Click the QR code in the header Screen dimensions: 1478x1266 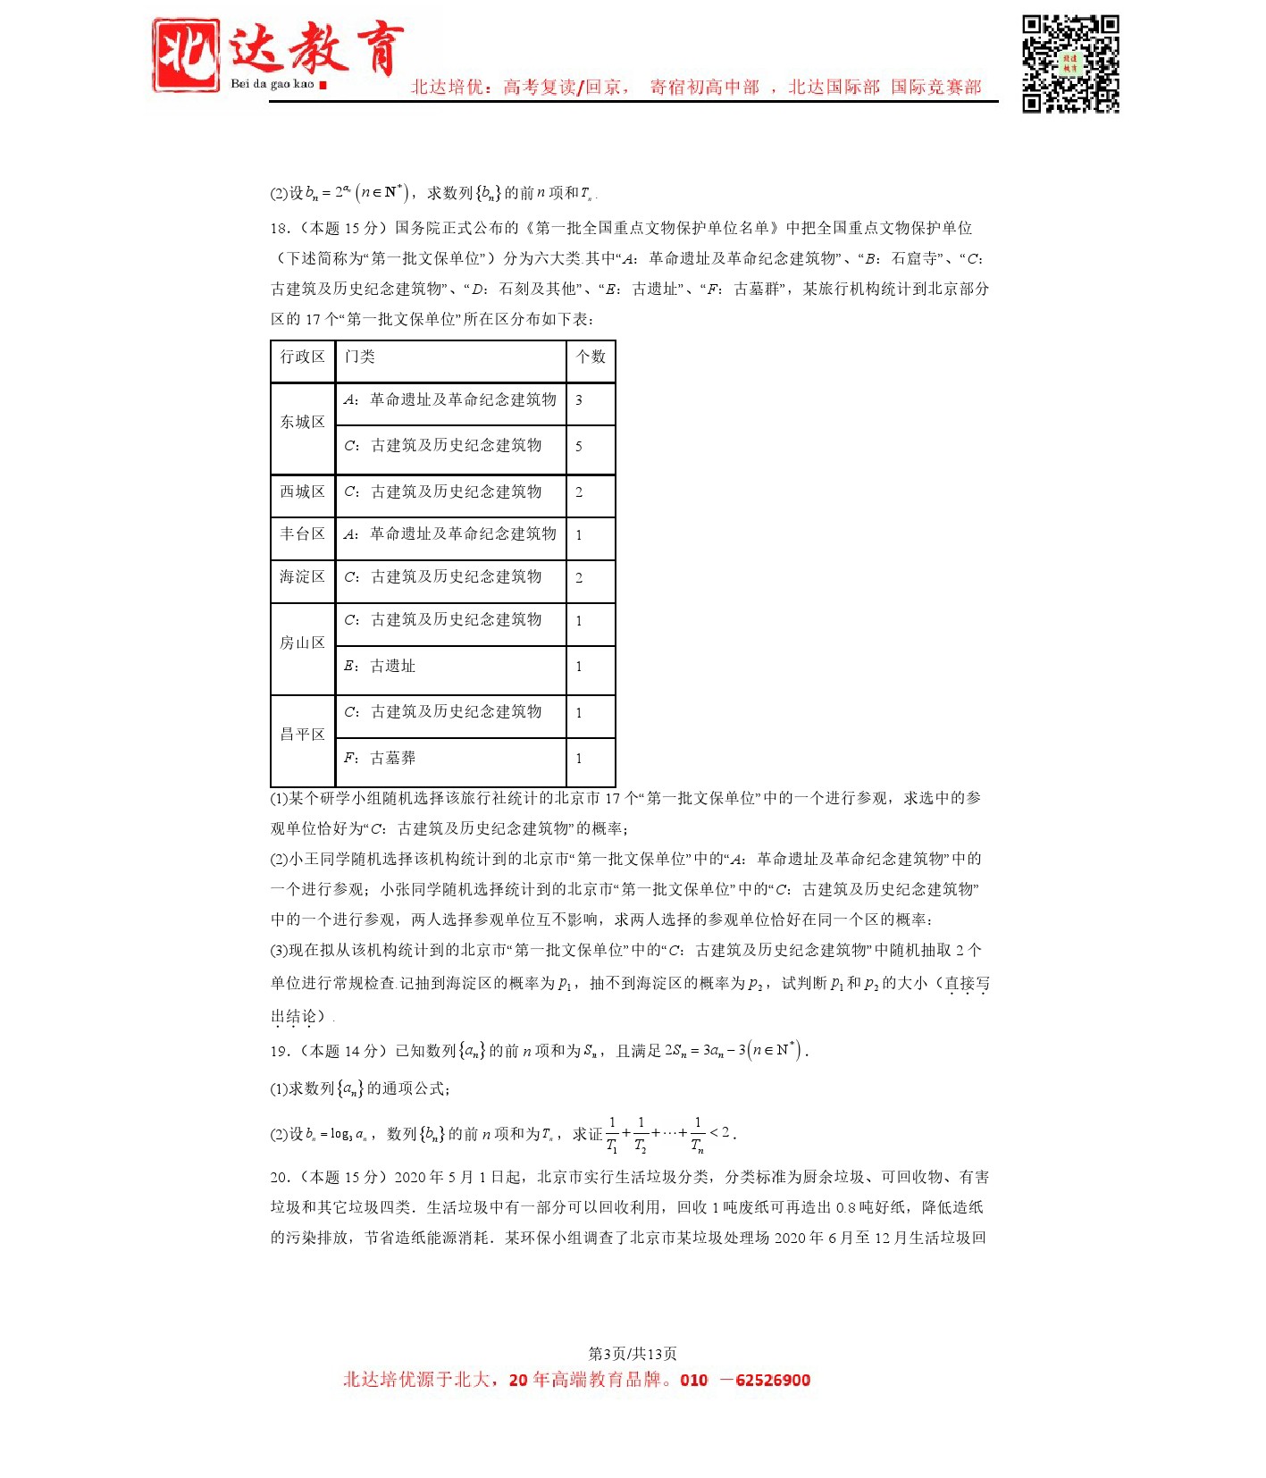coord(1069,63)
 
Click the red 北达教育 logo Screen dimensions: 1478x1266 coord(277,55)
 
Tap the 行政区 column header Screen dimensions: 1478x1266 coord(303,357)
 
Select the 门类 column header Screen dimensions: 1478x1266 coord(360,357)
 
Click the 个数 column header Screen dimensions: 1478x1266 coord(591,357)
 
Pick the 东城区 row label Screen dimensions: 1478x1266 coord(303,422)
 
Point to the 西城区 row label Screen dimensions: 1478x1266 coord(303,492)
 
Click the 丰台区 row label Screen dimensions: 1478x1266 coord(303,534)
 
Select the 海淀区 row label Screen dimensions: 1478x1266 coord(303,577)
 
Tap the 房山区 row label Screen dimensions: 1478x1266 coord(303,643)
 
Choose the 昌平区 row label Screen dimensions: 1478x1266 coord(303,735)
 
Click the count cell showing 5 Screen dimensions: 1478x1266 coord(579,446)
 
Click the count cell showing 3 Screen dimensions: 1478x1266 coord(579,400)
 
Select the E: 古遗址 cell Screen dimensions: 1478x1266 coord(381,667)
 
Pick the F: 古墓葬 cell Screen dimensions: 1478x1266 coord(381,759)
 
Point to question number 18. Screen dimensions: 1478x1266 coord(279,229)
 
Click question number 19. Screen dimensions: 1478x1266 coord(279,1052)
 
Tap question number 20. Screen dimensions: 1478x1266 coord(279,1178)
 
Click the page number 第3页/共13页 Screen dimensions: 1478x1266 coord(633,1354)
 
